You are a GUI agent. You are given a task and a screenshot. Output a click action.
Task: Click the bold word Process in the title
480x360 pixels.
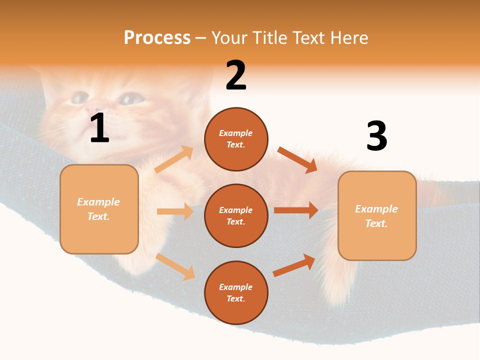pos(157,37)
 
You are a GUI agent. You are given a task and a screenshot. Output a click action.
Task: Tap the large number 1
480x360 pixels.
pos(99,128)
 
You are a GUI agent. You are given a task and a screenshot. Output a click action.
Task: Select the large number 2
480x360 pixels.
pos(236,76)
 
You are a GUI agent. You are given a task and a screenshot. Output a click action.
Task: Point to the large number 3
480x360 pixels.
pos(376,136)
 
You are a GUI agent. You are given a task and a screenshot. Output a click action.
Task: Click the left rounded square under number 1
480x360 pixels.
pos(99,209)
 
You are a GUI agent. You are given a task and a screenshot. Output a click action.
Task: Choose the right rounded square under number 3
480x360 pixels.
pos(377,215)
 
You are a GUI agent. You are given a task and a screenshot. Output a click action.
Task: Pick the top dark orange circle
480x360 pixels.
pos(236,138)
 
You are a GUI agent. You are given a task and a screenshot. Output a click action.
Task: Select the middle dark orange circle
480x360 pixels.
pos(236,215)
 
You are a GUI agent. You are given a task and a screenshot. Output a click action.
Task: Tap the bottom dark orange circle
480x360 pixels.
pos(236,292)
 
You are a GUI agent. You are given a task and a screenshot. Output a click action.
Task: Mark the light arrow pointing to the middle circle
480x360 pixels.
pos(175,211)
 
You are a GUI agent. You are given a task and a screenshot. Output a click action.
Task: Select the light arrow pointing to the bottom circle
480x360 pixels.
pos(175,266)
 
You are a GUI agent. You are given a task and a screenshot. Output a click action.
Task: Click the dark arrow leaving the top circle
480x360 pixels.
pos(297,159)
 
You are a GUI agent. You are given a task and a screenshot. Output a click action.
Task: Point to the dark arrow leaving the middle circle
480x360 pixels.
pos(296,210)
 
